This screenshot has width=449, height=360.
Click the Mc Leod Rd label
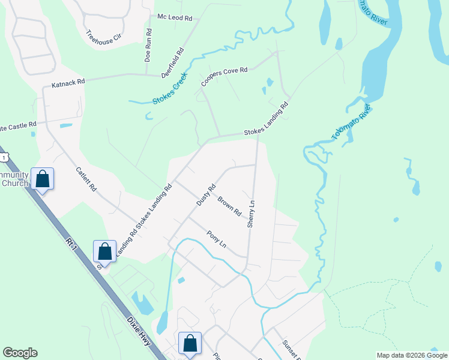[x=175, y=18]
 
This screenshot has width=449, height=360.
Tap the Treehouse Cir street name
[x=104, y=35]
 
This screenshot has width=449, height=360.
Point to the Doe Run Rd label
[x=148, y=45]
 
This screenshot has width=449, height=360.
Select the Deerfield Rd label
[x=172, y=62]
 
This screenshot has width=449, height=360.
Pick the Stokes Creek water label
[x=170, y=89]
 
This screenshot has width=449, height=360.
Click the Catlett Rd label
[x=86, y=179]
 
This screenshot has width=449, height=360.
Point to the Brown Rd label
[x=229, y=206]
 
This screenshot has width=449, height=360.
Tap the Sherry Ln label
[x=252, y=214]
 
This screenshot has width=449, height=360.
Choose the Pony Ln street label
[x=216, y=239]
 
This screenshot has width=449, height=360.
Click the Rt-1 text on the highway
[x=73, y=245]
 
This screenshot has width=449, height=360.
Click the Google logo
[x=20, y=353]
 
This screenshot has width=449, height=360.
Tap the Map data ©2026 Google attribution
[x=412, y=355]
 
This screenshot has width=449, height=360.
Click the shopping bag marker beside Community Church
[x=43, y=179]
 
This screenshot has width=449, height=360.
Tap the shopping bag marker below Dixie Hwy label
[x=190, y=344]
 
